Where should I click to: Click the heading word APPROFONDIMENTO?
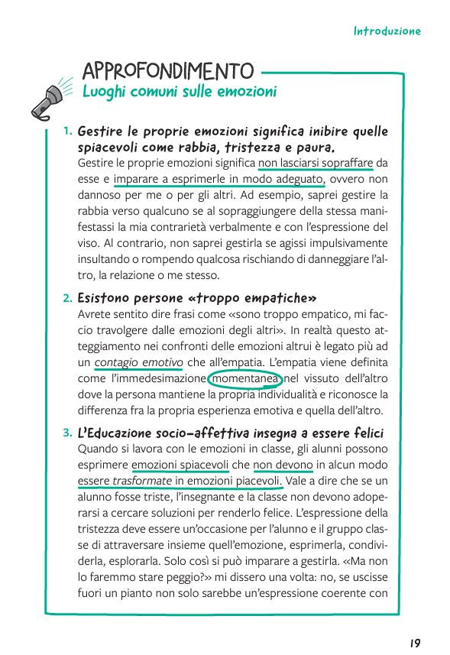pos(168,71)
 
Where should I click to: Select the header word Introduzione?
pos(387,32)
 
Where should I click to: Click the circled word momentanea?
pos(244,379)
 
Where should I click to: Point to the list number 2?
pos(68,297)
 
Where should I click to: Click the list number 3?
pos(68,433)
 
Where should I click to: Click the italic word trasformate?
pos(141,481)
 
